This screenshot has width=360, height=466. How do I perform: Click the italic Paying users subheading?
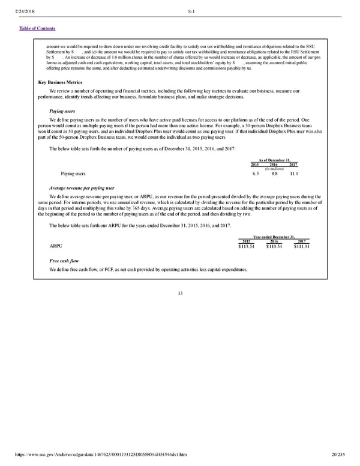(62, 111)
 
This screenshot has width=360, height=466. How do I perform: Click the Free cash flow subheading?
(64, 262)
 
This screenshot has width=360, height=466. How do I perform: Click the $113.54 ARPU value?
(246, 246)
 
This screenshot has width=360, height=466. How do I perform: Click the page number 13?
(180, 293)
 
